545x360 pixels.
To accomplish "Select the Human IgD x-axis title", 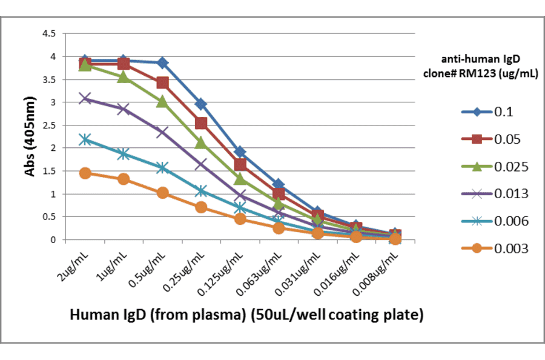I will (x=246, y=315).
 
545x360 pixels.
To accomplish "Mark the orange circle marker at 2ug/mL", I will (x=85, y=173).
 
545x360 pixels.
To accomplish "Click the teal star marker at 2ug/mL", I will (x=85, y=139).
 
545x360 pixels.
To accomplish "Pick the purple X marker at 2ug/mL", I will (x=85, y=98).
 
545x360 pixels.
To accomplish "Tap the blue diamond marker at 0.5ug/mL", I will (x=162, y=63).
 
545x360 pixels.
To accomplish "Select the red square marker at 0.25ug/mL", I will (x=201, y=124).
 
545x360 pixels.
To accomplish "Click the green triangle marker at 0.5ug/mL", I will (x=162, y=102).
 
